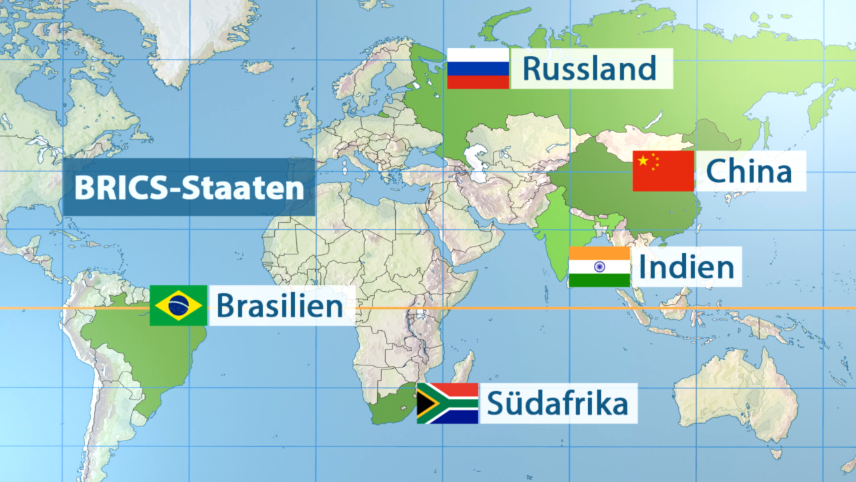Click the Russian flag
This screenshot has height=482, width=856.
(x=477, y=68)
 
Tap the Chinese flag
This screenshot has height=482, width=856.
(x=663, y=171)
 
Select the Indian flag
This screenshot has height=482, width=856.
(x=599, y=267)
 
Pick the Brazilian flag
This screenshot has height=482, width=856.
(x=179, y=306)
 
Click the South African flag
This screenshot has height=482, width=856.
(x=447, y=404)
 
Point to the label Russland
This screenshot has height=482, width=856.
(x=588, y=68)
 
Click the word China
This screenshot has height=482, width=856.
(x=749, y=171)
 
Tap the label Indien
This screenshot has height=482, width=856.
(x=686, y=267)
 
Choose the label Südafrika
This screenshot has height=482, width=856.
(x=558, y=404)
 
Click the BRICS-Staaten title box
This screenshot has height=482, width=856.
(x=189, y=187)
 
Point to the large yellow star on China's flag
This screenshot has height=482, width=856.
(x=643, y=161)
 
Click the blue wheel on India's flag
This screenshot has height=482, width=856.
(x=599, y=267)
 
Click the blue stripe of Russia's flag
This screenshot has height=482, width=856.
(x=477, y=68)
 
